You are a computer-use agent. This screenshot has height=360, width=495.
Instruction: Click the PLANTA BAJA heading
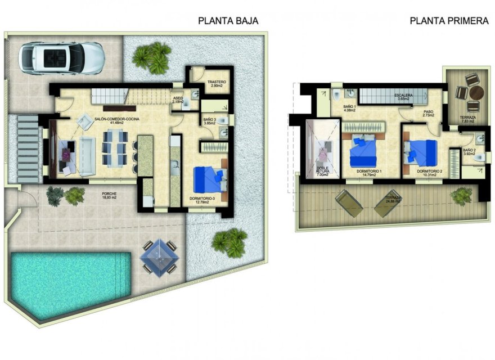point(228,21)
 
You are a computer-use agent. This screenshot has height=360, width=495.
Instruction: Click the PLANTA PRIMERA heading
point(448,21)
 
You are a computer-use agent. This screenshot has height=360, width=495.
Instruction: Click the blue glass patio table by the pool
point(159,256)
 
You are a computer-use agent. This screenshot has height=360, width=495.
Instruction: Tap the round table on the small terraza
point(476,93)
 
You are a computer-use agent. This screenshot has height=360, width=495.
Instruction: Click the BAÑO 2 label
point(470,152)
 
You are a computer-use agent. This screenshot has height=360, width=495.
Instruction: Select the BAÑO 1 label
point(350,107)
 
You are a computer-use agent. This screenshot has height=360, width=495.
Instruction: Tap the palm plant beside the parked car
point(151,56)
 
